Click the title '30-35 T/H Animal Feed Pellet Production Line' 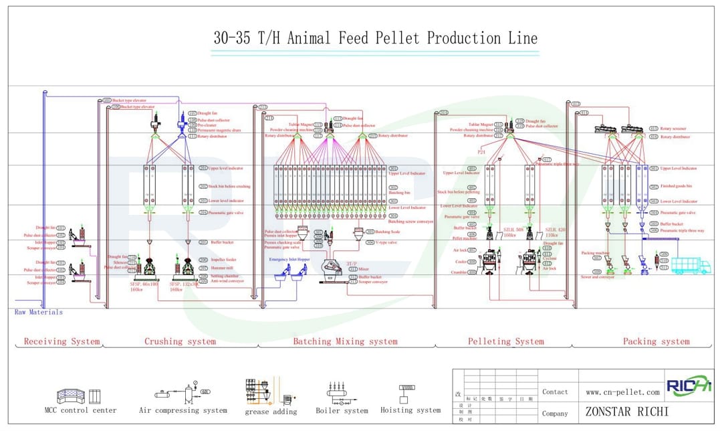tap(375, 38)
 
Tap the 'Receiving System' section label tap(62, 341)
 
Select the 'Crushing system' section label tap(180, 341)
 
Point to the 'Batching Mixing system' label tap(345, 341)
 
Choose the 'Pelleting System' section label tap(505, 341)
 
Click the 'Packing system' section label tap(656, 341)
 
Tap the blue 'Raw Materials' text tap(39, 312)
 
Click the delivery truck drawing tap(691, 265)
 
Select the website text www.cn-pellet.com tap(622, 392)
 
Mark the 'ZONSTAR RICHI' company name tap(626, 412)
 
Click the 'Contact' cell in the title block tap(555, 392)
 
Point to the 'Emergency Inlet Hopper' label tap(289, 259)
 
